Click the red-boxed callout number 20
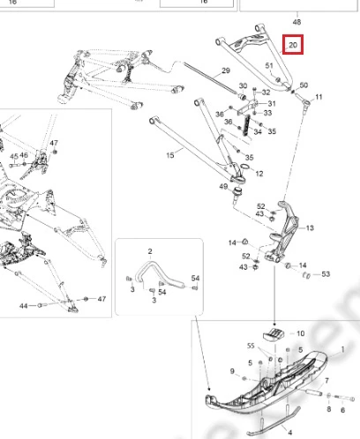[293, 45]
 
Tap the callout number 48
[296, 22]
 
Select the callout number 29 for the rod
[226, 71]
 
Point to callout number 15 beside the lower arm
[170, 155]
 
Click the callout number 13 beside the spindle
[310, 227]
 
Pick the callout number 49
[223, 186]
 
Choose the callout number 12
[259, 174]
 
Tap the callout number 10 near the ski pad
[300, 333]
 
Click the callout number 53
[326, 274]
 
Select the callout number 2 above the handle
[150, 251]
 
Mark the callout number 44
[24, 306]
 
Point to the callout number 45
[14, 156]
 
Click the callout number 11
[319, 97]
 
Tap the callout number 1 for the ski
[342, 349]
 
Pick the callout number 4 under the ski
[290, 433]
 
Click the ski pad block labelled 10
[274, 334]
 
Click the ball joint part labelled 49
[237, 194]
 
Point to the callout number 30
[243, 86]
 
